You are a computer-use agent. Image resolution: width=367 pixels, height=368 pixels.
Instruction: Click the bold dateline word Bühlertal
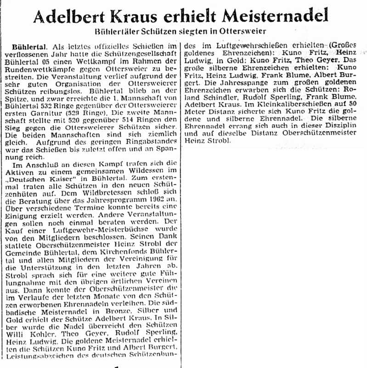tap(30, 47)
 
